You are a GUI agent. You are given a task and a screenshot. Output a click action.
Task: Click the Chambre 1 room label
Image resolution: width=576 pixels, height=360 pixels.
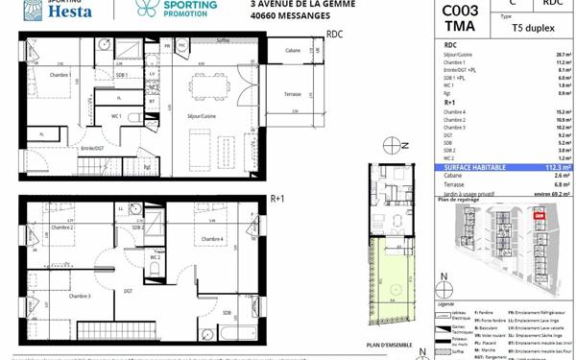pos(36,73)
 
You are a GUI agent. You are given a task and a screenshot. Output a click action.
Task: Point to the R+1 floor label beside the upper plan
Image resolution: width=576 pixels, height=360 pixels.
pos(279,199)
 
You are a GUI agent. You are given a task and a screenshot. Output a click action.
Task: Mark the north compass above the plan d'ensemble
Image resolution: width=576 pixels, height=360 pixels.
pos(390,146)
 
